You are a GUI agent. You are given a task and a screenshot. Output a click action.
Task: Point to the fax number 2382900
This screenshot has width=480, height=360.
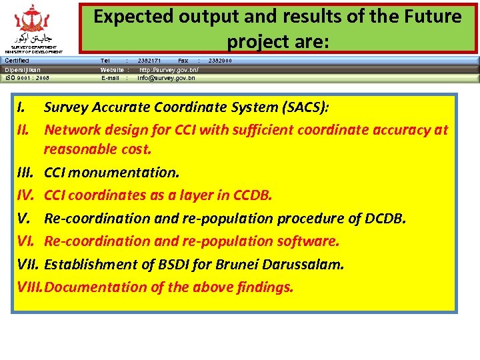pyautogui.click(x=221, y=61)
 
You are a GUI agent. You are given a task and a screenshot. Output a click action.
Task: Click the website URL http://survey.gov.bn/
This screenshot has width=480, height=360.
pyautogui.click(x=169, y=69)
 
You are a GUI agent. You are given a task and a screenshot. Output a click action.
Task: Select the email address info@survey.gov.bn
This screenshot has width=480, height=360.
pyautogui.click(x=167, y=78)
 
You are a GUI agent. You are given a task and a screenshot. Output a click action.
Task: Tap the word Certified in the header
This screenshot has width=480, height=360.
pyautogui.click(x=17, y=61)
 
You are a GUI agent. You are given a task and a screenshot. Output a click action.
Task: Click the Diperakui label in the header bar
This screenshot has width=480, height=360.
pyautogui.click(x=23, y=69)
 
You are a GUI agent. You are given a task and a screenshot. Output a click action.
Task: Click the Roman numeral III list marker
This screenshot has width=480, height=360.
pyautogui.click(x=25, y=173)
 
